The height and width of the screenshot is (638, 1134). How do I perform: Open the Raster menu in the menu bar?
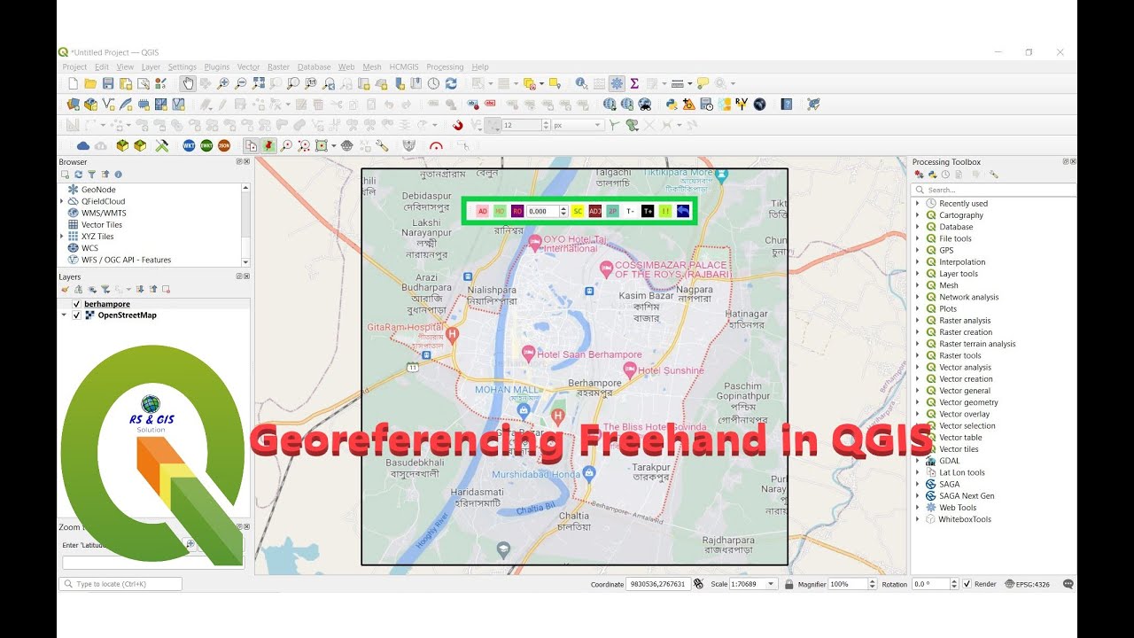tap(278, 66)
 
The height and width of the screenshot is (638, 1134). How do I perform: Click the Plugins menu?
tap(216, 66)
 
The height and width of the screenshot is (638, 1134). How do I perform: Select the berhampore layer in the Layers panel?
tap(107, 304)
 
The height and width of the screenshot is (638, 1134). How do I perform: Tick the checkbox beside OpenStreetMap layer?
tap(77, 315)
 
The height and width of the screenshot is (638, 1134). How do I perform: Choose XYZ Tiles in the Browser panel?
tap(97, 237)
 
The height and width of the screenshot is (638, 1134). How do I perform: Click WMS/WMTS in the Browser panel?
tap(104, 213)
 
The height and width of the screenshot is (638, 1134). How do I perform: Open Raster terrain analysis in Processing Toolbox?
tap(977, 344)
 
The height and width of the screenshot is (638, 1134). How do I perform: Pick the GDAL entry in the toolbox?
tap(949, 461)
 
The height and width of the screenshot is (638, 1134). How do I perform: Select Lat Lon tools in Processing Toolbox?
tap(961, 472)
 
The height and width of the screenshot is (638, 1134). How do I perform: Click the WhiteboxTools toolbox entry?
tap(965, 519)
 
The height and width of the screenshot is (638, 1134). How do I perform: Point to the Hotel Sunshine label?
tap(671, 370)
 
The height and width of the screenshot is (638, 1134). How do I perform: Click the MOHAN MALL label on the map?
tap(506, 389)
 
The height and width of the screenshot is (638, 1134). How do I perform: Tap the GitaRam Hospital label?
tap(405, 327)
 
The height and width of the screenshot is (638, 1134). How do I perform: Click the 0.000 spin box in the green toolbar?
tap(541, 211)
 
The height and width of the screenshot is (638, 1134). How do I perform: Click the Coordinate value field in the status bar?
tap(656, 584)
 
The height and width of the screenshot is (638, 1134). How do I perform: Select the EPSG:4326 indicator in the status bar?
tap(1032, 584)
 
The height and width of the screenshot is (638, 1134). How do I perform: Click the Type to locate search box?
tap(120, 584)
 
